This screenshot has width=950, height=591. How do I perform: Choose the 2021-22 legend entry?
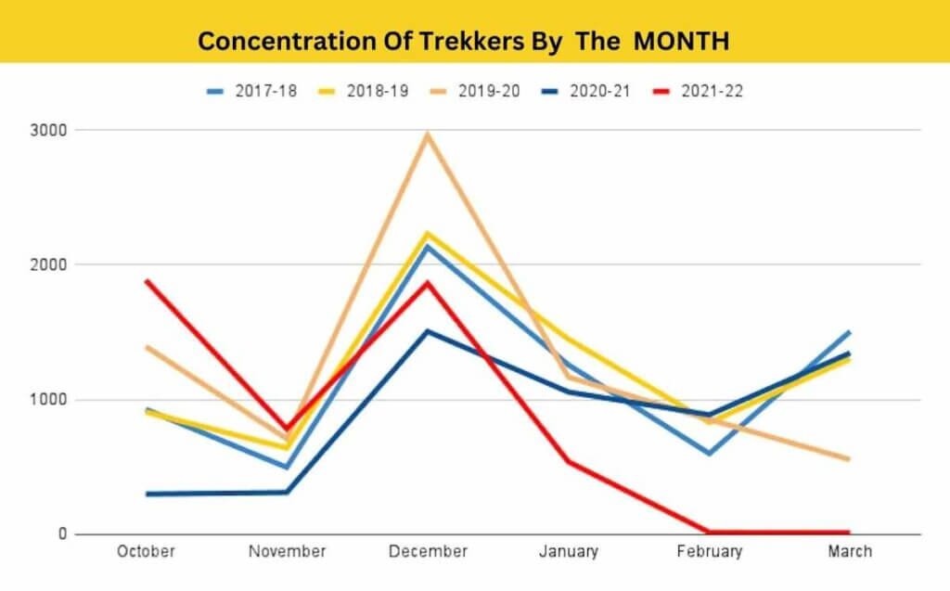click(x=712, y=91)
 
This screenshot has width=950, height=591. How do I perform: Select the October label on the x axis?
click(x=146, y=552)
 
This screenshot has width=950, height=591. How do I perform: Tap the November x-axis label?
click(x=287, y=552)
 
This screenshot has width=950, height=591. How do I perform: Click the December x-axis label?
click(x=428, y=552)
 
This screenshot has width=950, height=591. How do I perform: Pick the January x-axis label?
click(x=568, y=552)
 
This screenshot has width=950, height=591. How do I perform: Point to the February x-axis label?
click(x=709, y=552)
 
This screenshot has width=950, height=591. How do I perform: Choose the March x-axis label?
click(x=850, y=552)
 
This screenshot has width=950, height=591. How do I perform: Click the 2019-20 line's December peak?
click(x=428, y=135)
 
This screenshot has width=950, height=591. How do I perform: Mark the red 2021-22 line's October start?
click(x=147, y=280)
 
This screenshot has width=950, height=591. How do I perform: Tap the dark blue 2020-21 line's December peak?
click(x=428, y=331)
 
